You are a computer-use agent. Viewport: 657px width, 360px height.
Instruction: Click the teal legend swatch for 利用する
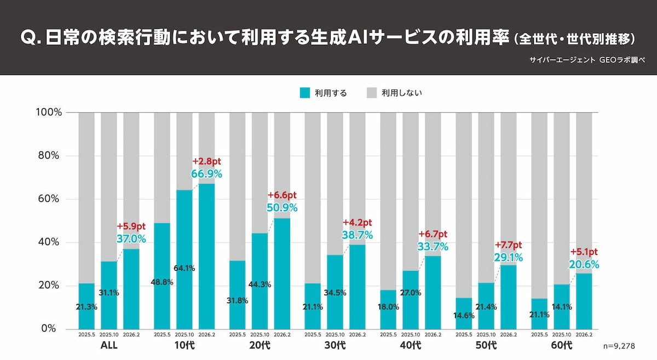pyautogui.click(x=306, y=93)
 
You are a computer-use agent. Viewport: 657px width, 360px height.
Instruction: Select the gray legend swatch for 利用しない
pyautogui.click(x=372, y=93)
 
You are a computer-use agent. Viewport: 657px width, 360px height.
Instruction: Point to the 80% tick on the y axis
pyautogui.click(x=48, y=155)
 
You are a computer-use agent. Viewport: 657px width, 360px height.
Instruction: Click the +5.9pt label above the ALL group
pyautogui.click(x=131, y=227)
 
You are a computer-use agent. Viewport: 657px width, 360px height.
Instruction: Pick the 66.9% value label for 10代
pyautogui.click(x=206, y=174)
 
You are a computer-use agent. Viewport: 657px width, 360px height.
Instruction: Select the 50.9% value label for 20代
pyautogui.click(x=282, y=207)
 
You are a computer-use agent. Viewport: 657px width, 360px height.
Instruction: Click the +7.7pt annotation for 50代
pyautogui.click(x=509, y=245)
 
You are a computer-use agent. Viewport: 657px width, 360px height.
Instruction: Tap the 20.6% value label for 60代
pyautogui.click(x=584, y=264)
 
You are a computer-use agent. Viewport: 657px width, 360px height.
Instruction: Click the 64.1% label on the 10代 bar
pyautogui.click(x=185, y=268)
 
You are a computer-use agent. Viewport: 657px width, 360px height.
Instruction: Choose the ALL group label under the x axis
pyautogui.click(x=108, y=345)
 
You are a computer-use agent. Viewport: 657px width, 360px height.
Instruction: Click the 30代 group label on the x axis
pyautogui.click(x=335, y=345)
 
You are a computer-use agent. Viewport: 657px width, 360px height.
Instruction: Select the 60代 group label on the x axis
pyautogui.click(x=561, y=345)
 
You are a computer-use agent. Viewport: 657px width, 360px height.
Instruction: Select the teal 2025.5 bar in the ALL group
pyautogui.click(x=87, y=306)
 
